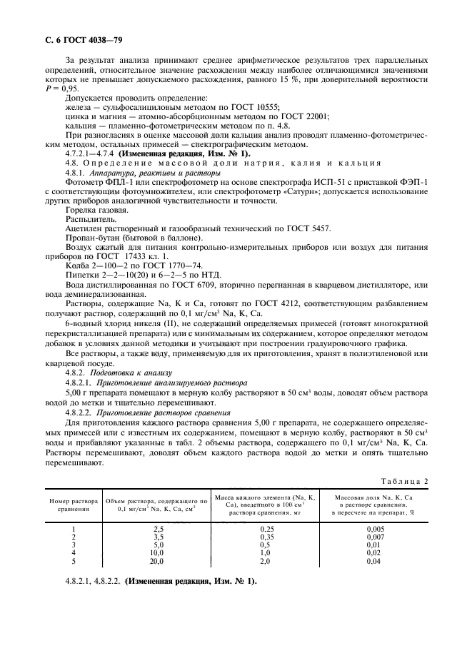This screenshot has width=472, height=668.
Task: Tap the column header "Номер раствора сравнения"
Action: point(74,505)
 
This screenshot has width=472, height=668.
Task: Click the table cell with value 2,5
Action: point(159,528)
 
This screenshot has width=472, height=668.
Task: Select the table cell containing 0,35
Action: point(265,537)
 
